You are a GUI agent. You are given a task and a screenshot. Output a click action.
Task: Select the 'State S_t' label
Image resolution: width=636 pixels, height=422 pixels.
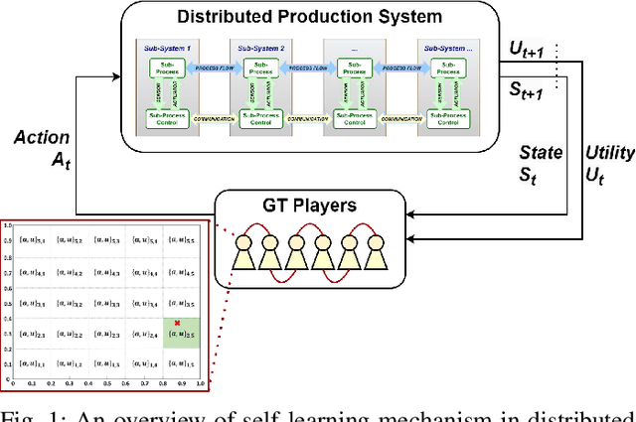pos(541,162)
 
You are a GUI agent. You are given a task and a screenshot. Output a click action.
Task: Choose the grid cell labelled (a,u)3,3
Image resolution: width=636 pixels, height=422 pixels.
pos(105,303)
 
